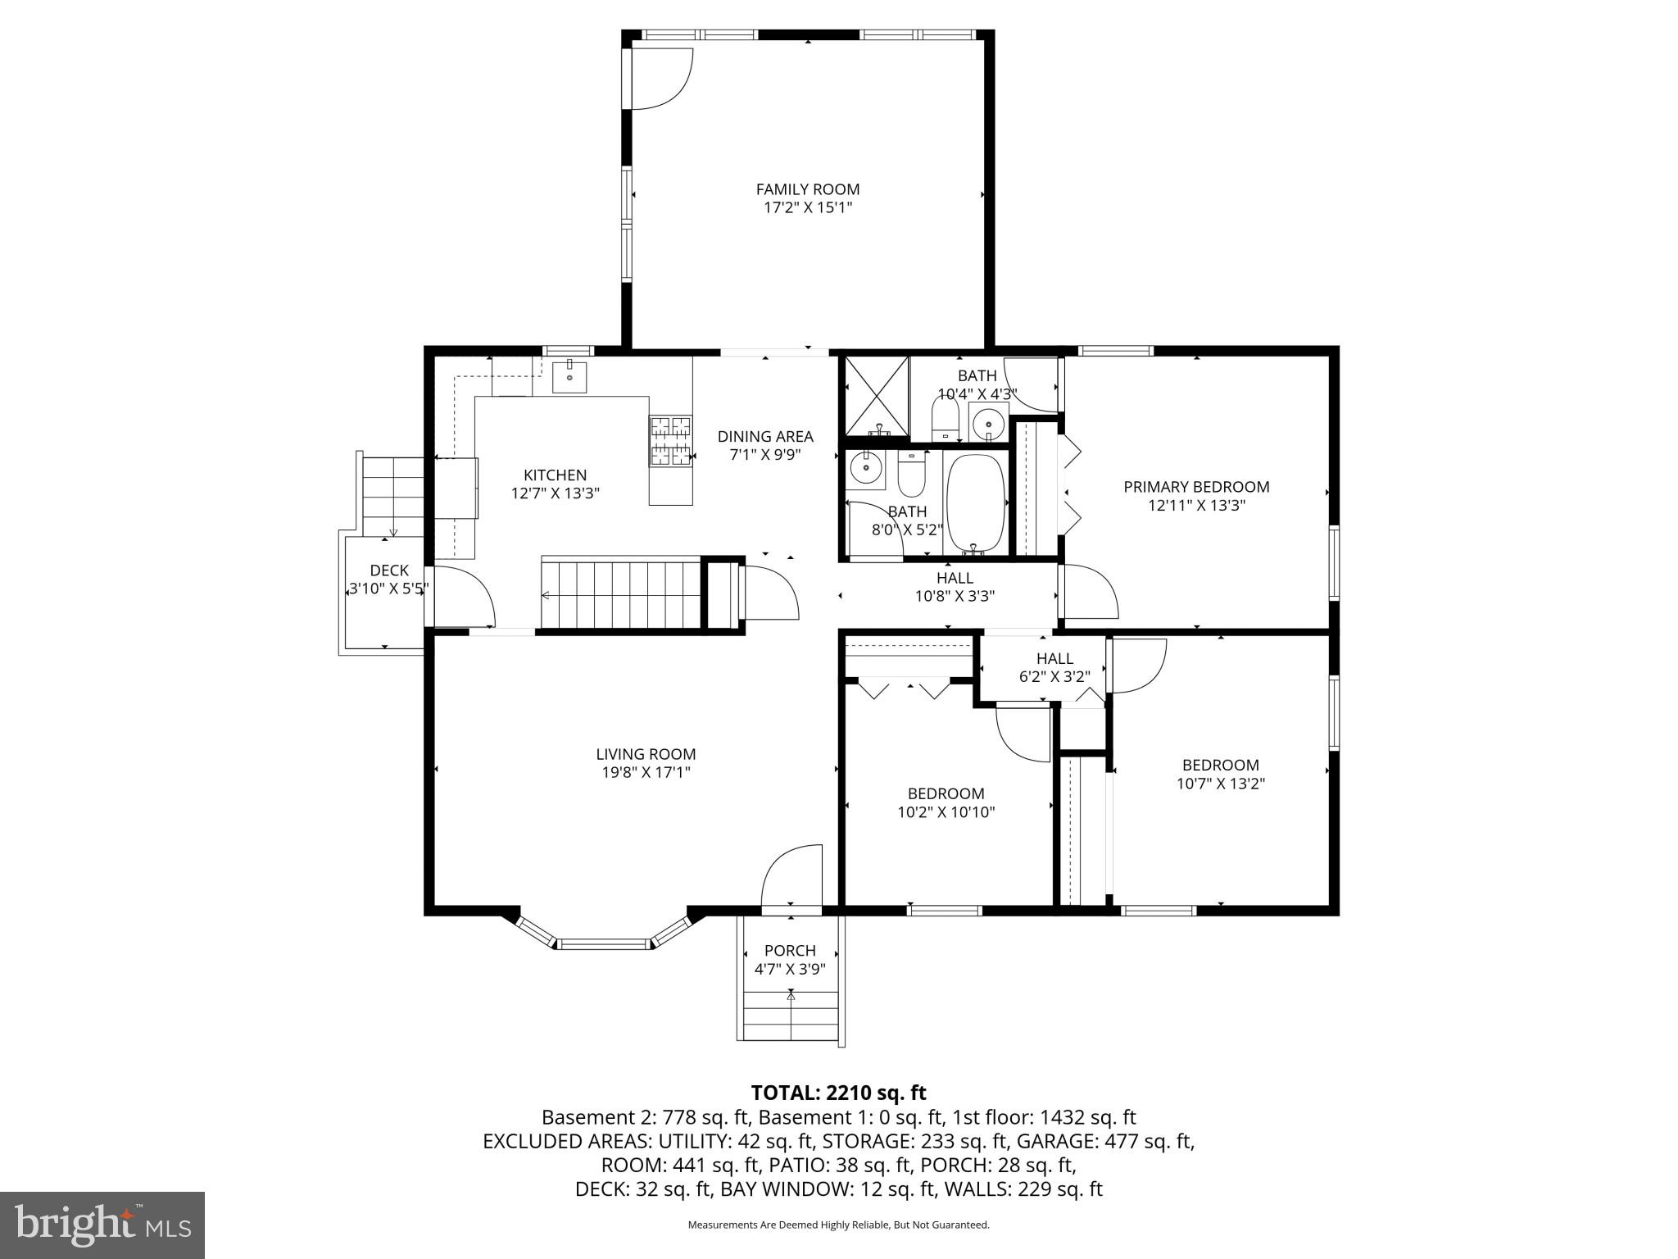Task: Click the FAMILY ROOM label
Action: [807, 189]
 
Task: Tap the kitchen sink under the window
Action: [569, 377]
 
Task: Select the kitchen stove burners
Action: [670, 441]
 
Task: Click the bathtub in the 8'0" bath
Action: [975, 502]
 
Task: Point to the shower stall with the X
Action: [877, 396]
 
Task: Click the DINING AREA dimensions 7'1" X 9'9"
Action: [764, 455]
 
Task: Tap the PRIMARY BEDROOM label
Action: [1195, 487]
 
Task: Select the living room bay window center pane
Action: [604, 943]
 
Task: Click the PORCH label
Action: [789, 950]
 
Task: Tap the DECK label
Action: [389, 570]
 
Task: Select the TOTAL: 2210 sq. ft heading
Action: [838, 1093]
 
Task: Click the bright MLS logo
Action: [102, 1224]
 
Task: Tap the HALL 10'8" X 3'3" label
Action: [955, 587]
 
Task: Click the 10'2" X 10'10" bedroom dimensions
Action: [946, 812]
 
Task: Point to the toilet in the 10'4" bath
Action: [945, 418]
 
